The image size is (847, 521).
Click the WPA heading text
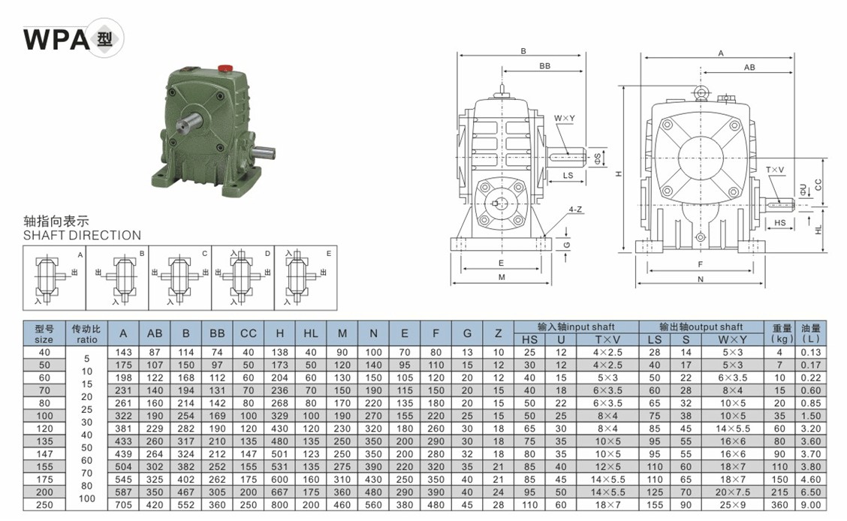click(x=56, y=39)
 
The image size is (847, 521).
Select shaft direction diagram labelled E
click(x=306, y=278)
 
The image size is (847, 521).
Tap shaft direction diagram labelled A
click(x=54, y=278)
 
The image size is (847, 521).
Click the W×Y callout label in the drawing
click(x=565, y=118)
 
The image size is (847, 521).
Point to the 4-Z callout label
click(x=575, y=209)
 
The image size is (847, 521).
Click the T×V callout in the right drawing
click(x=775, y=170)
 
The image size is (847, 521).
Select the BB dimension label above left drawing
click(x=544, y=66)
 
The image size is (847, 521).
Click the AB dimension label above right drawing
click(x=749, y=68)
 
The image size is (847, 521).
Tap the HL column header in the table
click(x=311, y=333)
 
